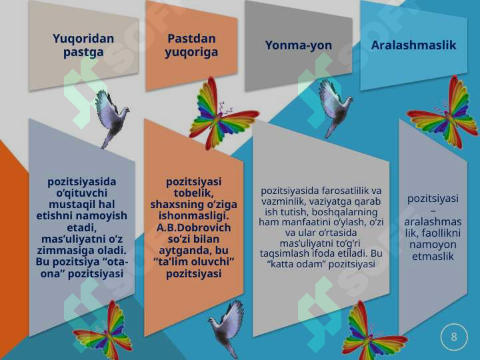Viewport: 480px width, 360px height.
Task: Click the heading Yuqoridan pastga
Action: coord(83,45)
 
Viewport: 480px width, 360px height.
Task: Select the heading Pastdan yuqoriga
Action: coord(191,45)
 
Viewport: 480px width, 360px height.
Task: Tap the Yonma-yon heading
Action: coord(298,45)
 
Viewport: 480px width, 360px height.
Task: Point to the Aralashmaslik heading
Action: coord(413,45)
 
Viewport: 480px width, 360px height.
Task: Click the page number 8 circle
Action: coord(454,337)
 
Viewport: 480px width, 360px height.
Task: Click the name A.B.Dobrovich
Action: coord(193,227)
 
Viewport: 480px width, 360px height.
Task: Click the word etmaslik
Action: coord(433,256)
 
